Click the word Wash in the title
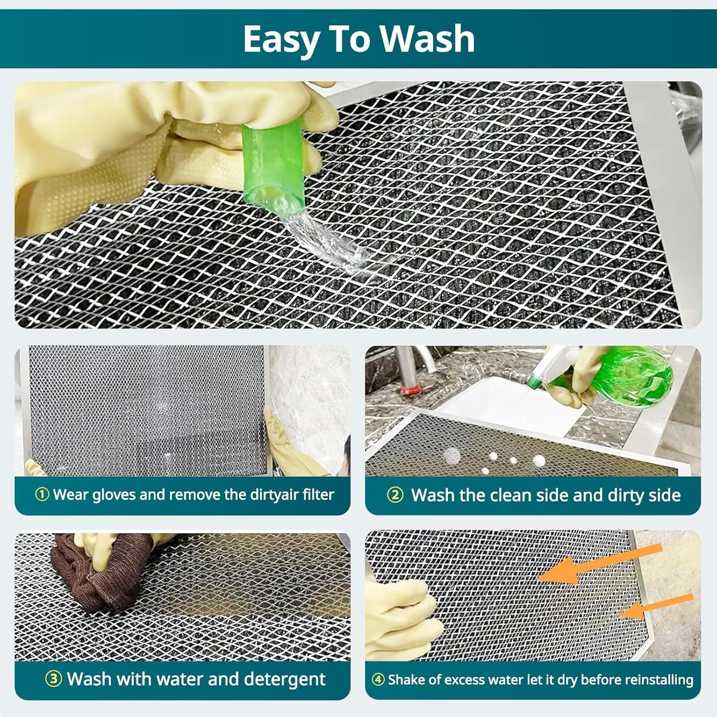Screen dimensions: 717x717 [427, 39]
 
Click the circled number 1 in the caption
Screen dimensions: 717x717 [42, 495]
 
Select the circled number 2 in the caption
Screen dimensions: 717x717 [395, 495]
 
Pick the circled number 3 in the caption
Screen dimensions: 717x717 [53, 679]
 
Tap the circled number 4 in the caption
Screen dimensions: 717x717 [378, 680]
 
